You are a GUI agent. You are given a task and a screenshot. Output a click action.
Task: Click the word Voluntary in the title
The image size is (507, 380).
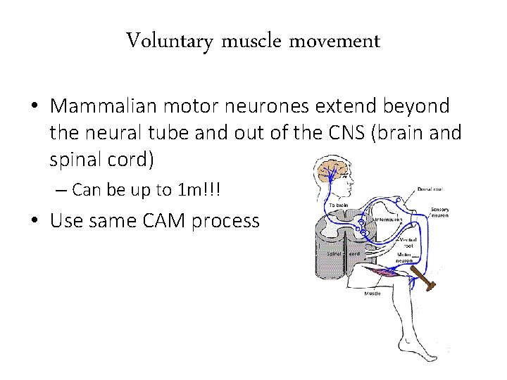169,42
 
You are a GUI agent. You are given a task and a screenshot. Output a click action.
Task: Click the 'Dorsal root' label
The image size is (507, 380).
430,190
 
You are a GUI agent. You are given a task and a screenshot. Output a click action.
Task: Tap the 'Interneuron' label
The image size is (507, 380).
384,220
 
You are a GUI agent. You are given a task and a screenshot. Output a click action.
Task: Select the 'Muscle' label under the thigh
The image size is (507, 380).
373,293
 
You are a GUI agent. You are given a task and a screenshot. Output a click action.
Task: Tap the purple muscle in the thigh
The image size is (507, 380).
384,271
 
